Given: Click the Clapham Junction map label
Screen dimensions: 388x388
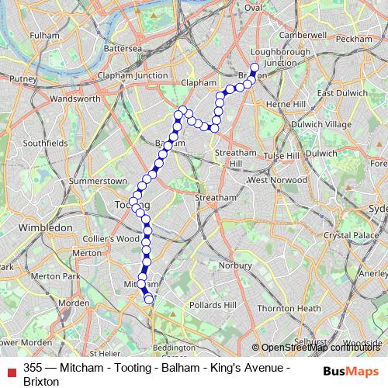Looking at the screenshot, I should [131, 75].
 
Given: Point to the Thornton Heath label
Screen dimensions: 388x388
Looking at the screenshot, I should [289, 308].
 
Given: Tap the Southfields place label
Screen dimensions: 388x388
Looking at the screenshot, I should [46, 143].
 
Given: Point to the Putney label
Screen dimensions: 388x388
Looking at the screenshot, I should [23, 79].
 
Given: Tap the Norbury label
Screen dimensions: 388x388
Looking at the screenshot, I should [234, 265].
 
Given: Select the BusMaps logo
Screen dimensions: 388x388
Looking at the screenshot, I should [350, 370].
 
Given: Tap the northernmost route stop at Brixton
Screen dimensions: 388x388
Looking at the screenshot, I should [255, 67].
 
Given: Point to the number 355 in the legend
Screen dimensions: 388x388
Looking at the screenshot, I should [33, 368].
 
